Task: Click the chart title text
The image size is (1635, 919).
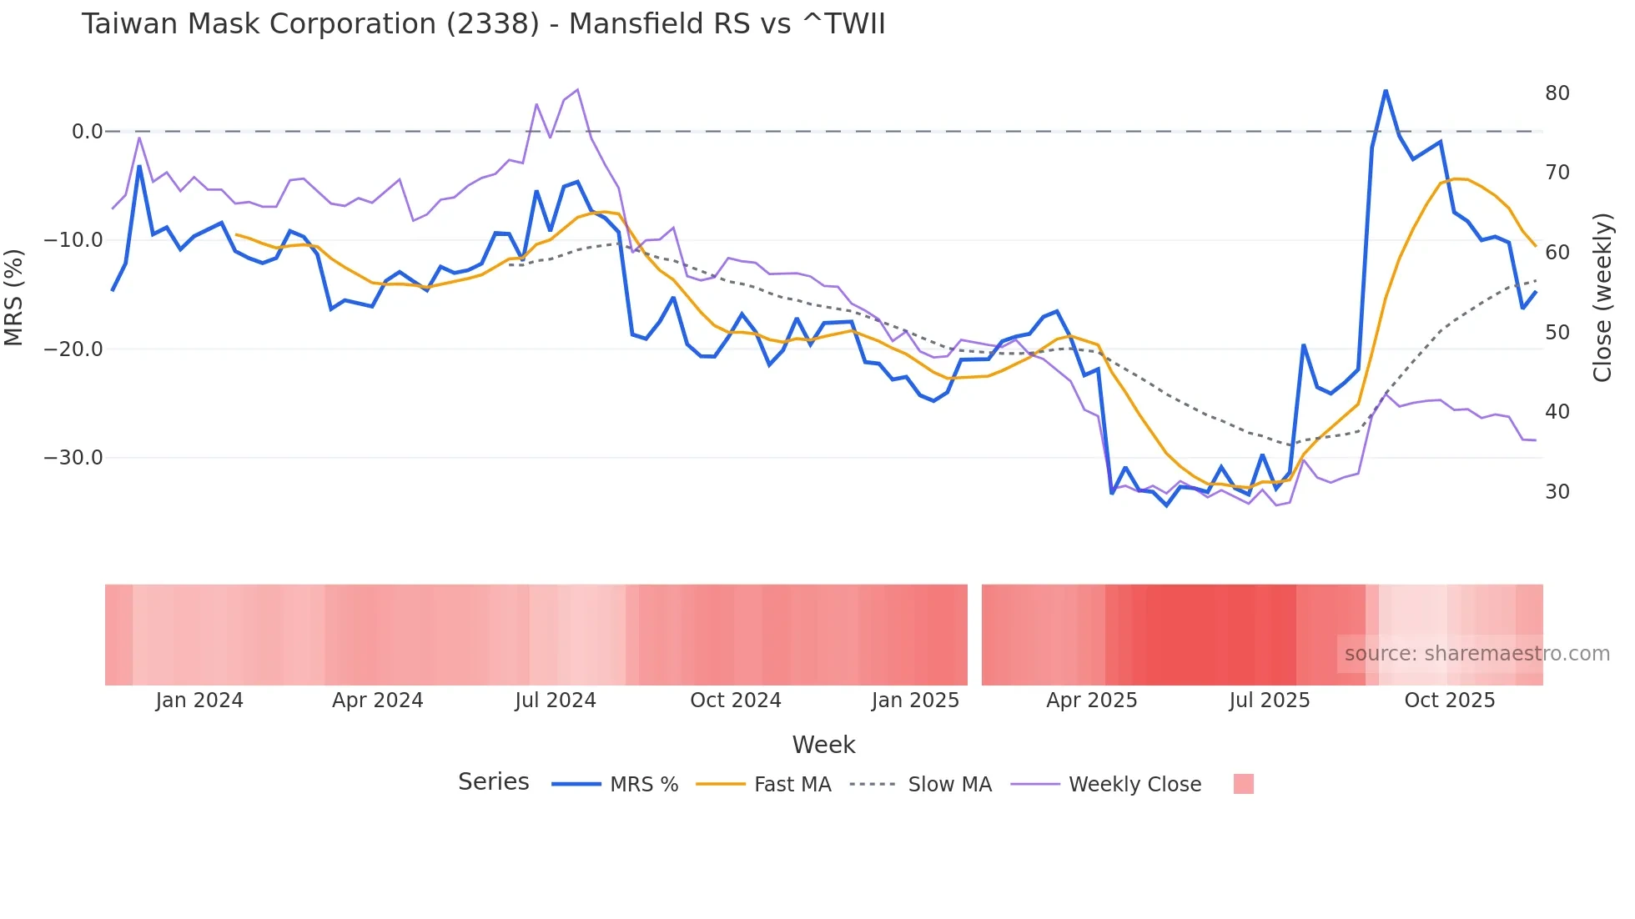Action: tap(483, 24)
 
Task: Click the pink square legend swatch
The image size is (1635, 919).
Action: tap(1243, 784)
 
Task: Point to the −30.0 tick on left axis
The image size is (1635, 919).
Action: tap(73, 458)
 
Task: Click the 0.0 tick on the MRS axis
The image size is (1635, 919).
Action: tap(87, 132)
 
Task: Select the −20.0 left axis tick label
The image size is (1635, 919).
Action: tap(73, 349)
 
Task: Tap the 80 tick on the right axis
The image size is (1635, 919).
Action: tap(1557, 93)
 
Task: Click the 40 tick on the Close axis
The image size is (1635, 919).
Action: tap(1557, 412)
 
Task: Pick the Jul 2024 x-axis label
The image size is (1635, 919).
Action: tap(555, 701)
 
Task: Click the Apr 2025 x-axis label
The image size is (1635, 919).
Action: tap(1091, 701)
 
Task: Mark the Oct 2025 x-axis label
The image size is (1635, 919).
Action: tap(1449, 701)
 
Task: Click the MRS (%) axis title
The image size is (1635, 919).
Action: tap(14, 297)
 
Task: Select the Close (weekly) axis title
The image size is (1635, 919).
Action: tap(1602, 298)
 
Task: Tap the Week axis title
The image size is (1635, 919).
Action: tap(823, 745)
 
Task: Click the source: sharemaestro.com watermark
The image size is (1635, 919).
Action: tap(1477, 654)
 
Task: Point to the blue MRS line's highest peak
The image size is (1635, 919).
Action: tap(1386, 90)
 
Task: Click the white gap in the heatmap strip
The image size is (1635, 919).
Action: tap(974, 635)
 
